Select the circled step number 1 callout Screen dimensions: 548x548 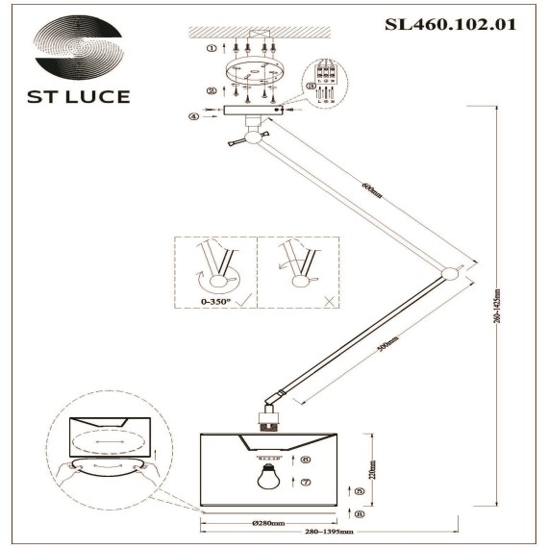pyautogui.click(x=212, y=47)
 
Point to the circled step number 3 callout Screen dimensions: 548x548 pyautogui.click(x=311, y=86)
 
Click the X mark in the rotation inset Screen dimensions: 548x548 pyautogui.click(x=330, y=301)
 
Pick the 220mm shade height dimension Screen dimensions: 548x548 pyautogui.click(x=372, y=471)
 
